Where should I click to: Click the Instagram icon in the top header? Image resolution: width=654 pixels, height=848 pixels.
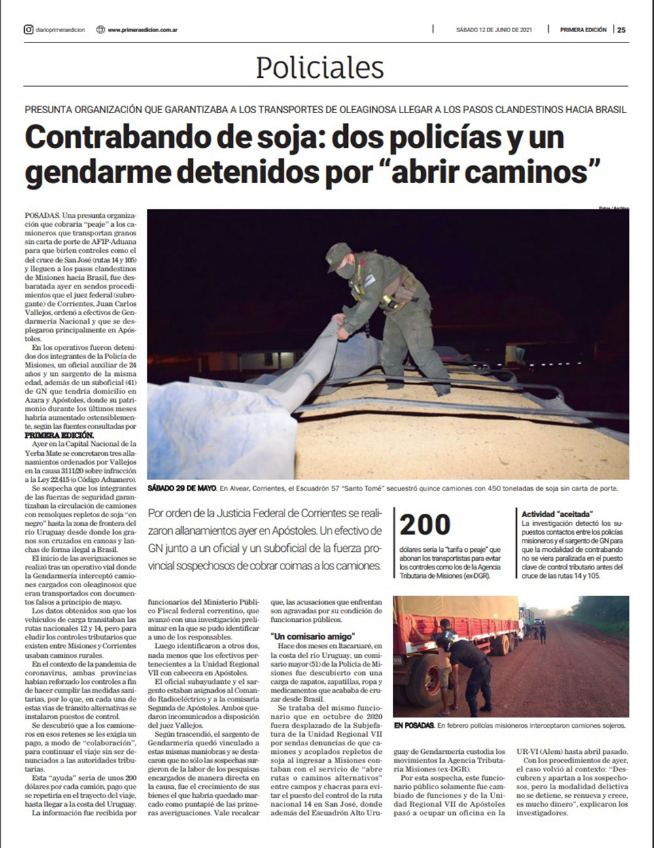tap(28, 29)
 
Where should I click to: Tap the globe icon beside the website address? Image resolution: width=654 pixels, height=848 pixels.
tap(100, 29)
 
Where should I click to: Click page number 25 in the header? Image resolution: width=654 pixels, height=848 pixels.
tap(622, 29)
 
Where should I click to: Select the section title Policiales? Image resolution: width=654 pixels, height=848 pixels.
tap(320, 67)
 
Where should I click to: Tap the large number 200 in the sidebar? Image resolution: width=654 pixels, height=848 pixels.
tap(425, 525)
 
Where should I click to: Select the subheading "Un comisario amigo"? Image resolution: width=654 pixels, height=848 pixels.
tap(313, 636)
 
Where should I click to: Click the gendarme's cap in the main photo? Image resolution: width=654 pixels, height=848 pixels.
tap(338, 251)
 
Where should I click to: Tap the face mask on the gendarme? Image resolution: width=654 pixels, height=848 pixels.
tap(345, 270)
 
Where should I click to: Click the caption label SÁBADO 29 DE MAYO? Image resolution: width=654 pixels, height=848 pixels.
tap(182, 488)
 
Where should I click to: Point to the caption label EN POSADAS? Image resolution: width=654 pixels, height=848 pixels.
tap(413, 725)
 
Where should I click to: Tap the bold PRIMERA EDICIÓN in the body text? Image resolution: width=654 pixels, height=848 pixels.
tap(60, 435)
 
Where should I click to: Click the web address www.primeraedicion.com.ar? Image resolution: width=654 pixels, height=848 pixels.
tap(143, 29)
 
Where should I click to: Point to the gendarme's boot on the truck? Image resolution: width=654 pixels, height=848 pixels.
tap(441, 388)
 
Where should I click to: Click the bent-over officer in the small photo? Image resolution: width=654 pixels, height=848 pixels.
tap(470, 660)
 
